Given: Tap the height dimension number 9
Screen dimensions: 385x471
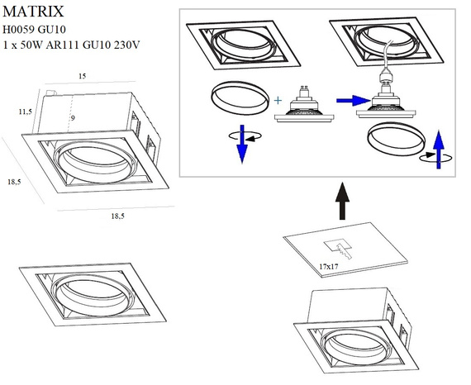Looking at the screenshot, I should (73, 118).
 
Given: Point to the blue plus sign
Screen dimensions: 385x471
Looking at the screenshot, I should (278, 101).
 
